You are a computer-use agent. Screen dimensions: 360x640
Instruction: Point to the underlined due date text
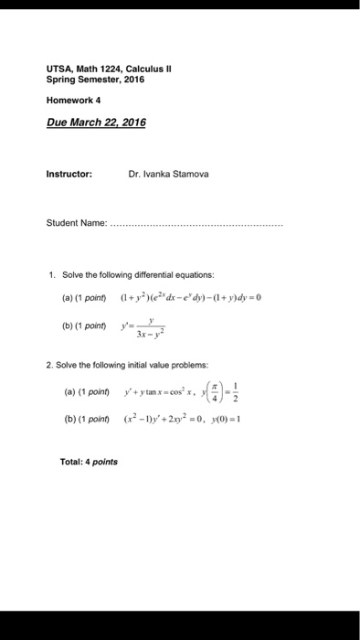click(x=96, y=123)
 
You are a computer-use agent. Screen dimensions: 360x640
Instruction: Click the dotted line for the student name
click(x=196, y=224)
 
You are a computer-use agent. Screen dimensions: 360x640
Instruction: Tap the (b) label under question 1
click(x=69, y=325)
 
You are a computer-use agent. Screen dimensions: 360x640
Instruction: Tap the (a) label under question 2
click(x=69, y=390)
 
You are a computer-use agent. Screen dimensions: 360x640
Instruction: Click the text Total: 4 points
click(x=84, y=462)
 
